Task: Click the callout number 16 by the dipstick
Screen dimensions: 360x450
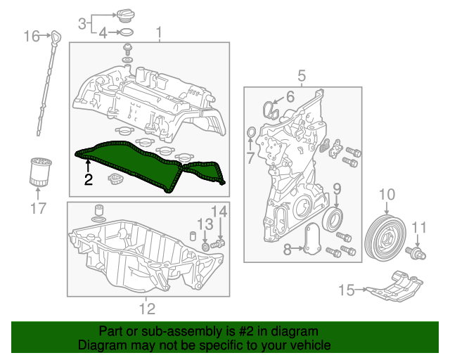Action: (32, 35)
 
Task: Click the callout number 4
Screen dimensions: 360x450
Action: (103, 32)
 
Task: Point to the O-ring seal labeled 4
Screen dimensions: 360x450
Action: (125, 32)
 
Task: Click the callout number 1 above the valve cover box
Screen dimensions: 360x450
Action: (159, 32)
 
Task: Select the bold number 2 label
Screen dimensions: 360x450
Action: (88, 179)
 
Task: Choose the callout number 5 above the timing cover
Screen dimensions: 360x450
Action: (301, 75)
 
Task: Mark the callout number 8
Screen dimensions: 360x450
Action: (287, 249)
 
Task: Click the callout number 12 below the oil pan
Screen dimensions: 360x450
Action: (146, 307)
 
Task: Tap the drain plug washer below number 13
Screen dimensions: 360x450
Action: (205, 246)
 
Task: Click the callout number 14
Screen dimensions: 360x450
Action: (220, 210)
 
